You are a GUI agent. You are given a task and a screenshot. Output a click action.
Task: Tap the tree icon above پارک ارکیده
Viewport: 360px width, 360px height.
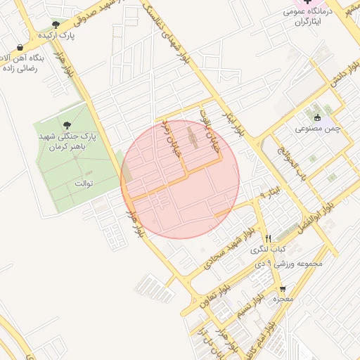coord(56,25)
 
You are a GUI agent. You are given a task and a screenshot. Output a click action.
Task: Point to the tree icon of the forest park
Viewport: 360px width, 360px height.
coord(67,125)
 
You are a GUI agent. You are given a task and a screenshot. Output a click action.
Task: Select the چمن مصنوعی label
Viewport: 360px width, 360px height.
coord(318,129)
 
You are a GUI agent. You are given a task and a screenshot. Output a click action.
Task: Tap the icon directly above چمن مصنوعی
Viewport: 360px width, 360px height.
coord(318,117)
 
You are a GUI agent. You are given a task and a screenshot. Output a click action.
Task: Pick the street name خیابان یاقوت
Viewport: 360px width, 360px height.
coord(202,124)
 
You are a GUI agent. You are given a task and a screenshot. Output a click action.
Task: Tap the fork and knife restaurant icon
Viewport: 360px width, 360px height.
coord(268,239)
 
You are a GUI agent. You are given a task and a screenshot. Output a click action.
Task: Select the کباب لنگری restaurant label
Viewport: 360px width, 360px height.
coord(270,250)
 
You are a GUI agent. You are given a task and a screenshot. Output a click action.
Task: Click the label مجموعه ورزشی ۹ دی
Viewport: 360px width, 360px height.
coord(290,264)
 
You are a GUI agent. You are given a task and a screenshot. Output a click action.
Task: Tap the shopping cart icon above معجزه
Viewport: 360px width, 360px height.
coord(283,289)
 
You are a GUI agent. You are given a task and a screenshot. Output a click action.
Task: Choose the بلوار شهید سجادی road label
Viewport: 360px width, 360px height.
coord(228,250)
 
